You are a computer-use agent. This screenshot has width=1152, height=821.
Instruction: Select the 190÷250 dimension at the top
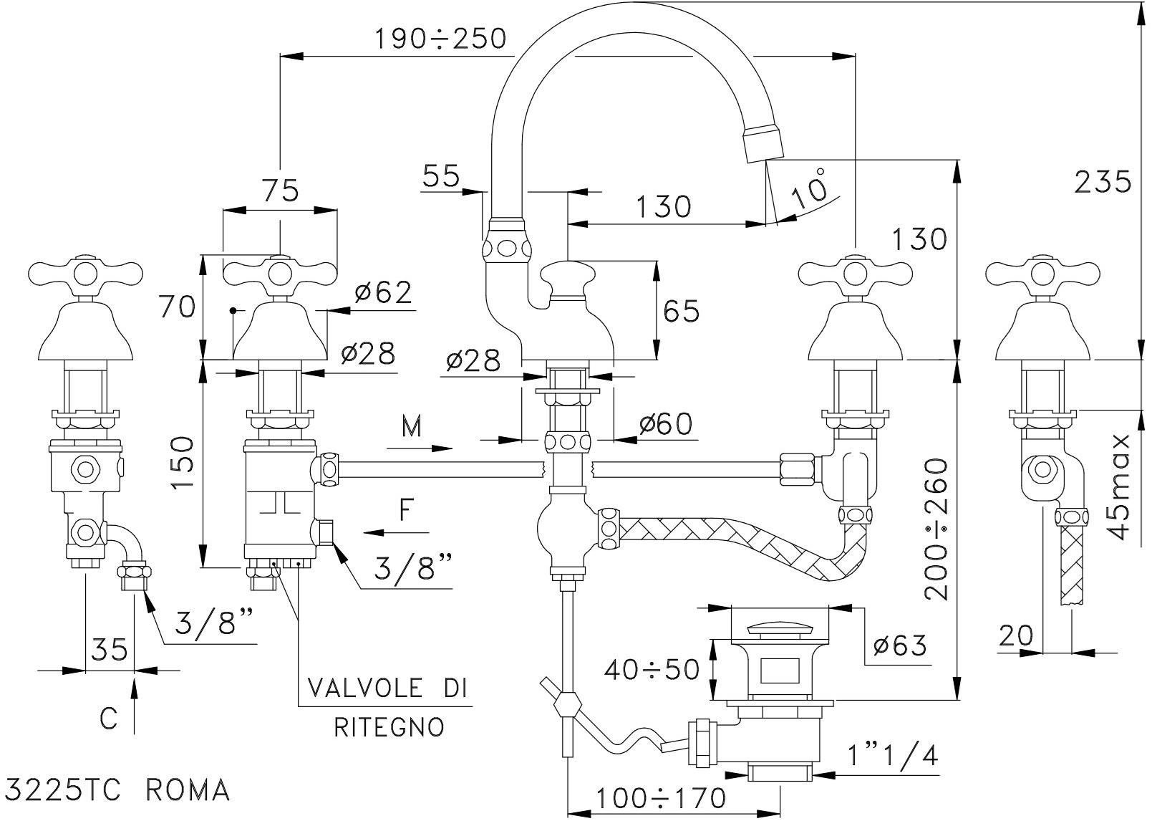(x=440, y=39)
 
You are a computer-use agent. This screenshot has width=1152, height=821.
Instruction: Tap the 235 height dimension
(x=1103, y=183)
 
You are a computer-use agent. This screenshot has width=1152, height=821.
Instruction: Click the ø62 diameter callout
(x=383, y=292)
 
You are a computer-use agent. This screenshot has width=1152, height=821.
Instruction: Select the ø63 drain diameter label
(x=900, y=645)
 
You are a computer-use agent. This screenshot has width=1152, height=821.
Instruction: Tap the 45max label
(x=1117, y=487)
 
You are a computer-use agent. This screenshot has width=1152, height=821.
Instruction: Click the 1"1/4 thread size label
(x=892, y=756)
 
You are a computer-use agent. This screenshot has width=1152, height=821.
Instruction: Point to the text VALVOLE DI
(x=387, y=688)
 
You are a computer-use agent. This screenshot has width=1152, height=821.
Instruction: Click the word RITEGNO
(x=389, y=727)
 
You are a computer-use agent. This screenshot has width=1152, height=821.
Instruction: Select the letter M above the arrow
(x=412, y=428)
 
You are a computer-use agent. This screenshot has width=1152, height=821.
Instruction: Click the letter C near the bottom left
(x=108, y=719)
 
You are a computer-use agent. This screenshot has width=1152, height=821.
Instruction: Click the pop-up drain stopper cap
(x=779, y=630)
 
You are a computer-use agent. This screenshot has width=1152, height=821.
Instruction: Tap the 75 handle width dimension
(x=280, y=191)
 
